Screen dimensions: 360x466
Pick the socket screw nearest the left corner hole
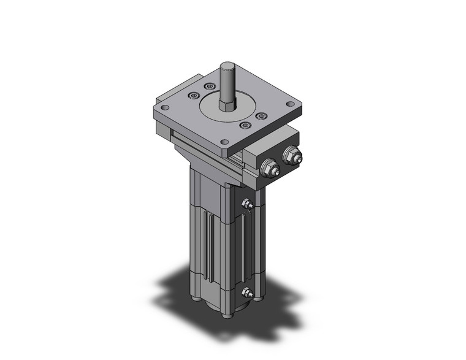pos(194,94)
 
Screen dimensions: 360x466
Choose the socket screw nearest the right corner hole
pos(261,116)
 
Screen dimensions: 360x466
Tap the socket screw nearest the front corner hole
pos(245,126)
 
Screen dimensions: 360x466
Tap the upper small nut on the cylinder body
pos(246,205)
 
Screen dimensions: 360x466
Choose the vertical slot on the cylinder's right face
pos(246,245)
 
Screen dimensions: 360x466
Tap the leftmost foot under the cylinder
pos(195,299)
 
